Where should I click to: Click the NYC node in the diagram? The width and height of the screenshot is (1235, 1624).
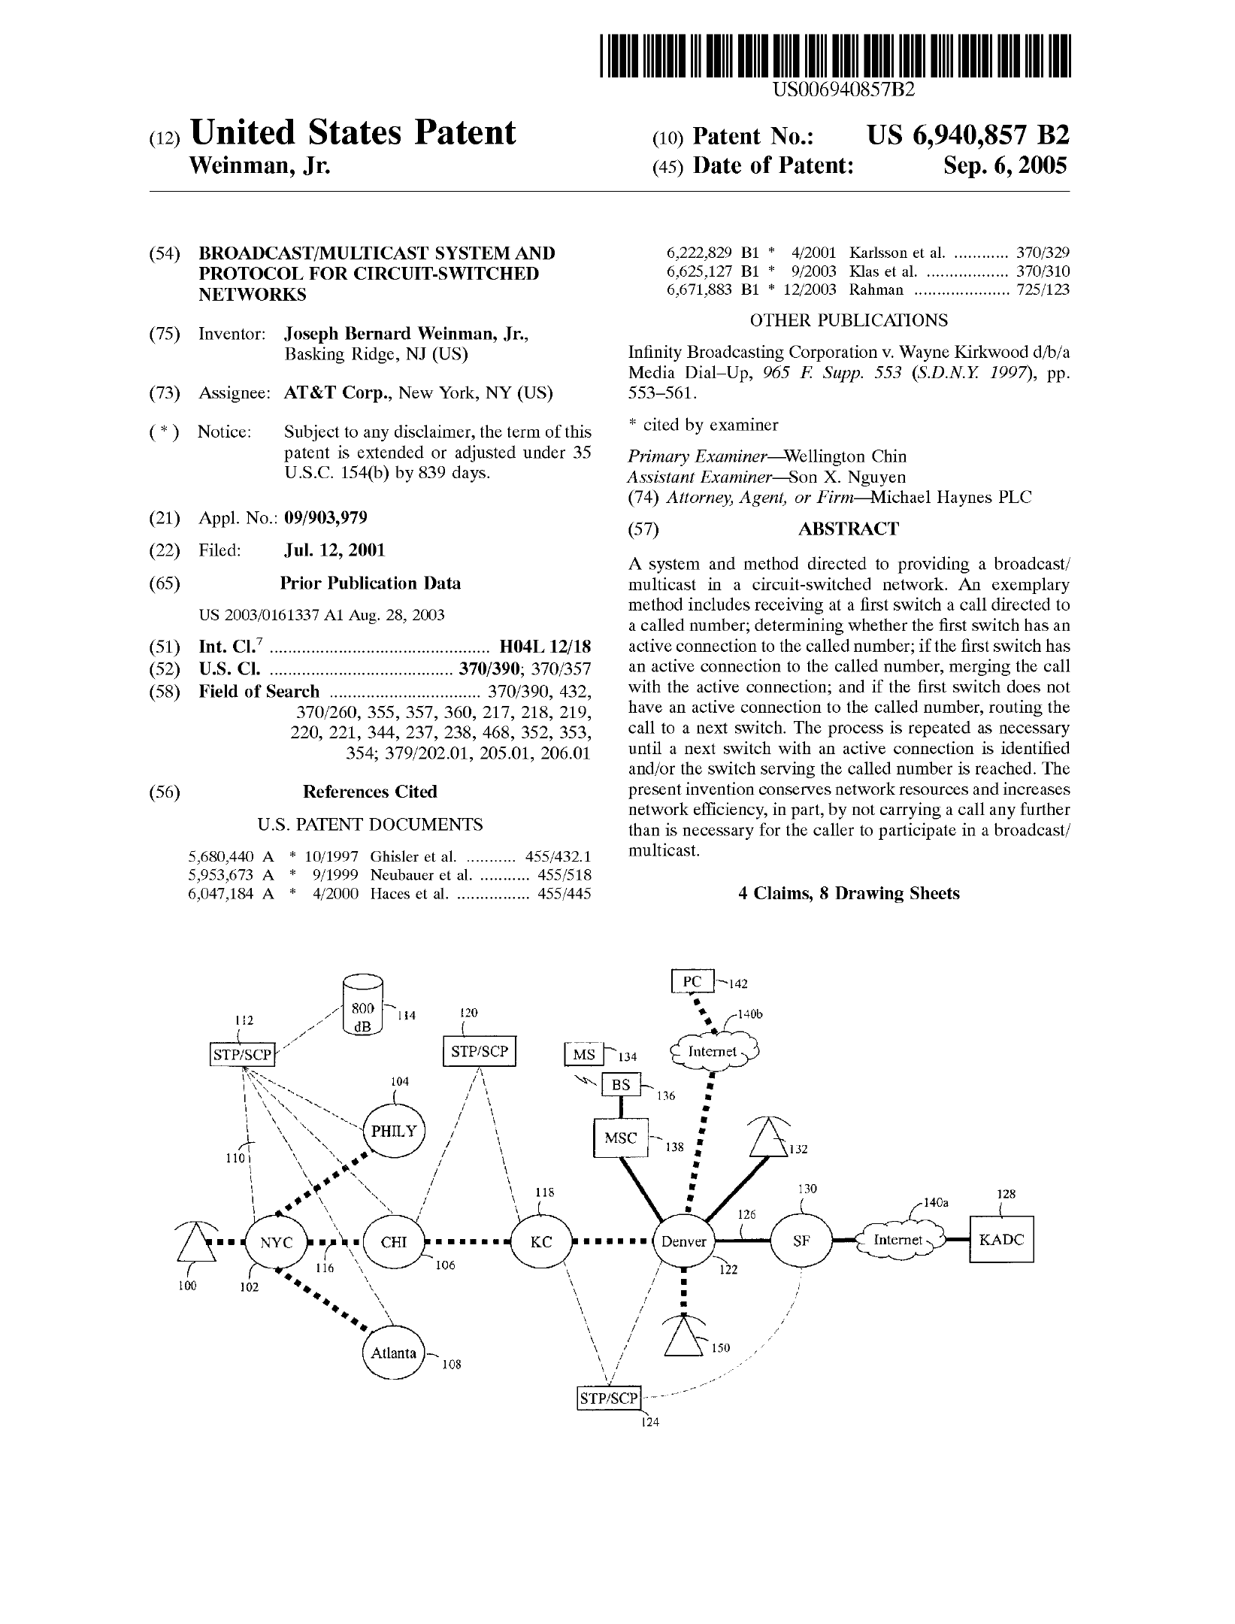276,1242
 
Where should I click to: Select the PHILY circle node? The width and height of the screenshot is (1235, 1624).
394,1131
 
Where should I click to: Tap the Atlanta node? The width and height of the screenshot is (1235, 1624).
394,1353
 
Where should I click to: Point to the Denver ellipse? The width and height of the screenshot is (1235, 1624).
683,1241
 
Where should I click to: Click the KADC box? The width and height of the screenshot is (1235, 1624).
1001,1239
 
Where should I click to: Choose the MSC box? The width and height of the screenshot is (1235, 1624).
620,1138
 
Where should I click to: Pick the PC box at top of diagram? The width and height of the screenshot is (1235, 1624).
692,981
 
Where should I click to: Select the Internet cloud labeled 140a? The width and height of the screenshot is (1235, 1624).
899,1240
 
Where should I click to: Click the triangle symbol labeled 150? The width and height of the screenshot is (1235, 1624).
683,1341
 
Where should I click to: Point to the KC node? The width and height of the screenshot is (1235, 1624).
540,1242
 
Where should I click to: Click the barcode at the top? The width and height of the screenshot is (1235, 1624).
835,57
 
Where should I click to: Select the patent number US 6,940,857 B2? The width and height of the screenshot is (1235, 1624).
967,135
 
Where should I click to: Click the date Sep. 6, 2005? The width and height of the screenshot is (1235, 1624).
1005,165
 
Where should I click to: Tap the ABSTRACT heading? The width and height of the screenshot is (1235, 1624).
848,529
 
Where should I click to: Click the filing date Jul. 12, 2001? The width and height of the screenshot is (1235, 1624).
334,550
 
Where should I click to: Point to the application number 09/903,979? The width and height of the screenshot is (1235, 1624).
325,518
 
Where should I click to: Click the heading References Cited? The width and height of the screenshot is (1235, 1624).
369,792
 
